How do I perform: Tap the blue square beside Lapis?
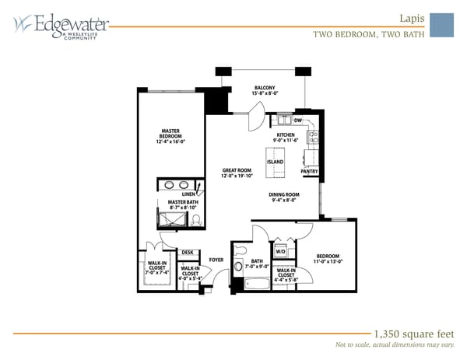coord(441,24)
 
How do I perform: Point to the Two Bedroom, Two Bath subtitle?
coord(369,34)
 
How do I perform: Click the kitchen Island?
coord(276,162)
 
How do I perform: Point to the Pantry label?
coord(309,171)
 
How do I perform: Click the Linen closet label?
coord(189,194)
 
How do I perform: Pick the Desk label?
coord(188,252)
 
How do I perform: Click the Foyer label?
coord(216,260)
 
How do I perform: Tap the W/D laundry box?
coord(281,252)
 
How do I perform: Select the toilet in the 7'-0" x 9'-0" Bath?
coord(239,265)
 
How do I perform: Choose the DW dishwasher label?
coord(298,121)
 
